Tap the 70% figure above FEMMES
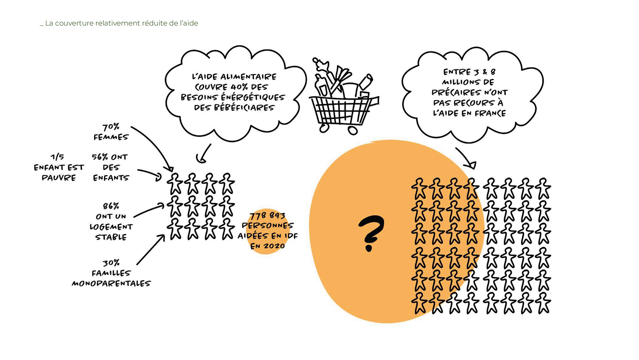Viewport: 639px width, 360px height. (x=111, y=127)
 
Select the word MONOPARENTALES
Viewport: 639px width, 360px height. (x=111, y=284)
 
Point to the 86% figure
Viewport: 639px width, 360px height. (x=111, y=206)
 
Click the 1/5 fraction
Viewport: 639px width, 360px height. (x=58, y=157)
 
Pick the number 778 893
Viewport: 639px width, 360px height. (x=268, y=215)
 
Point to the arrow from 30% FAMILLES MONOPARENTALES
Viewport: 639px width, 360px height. (x=151, y=250)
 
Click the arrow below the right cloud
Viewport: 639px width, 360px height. (x=466, y=158)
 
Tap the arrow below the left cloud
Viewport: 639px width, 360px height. (x=204, y=154)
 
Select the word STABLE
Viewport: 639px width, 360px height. (x=111, y=237)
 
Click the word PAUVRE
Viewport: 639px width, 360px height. (x=59, y=178)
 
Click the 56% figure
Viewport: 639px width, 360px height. (x=100, y=157)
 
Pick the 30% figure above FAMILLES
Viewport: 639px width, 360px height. (x=111, y=263)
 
